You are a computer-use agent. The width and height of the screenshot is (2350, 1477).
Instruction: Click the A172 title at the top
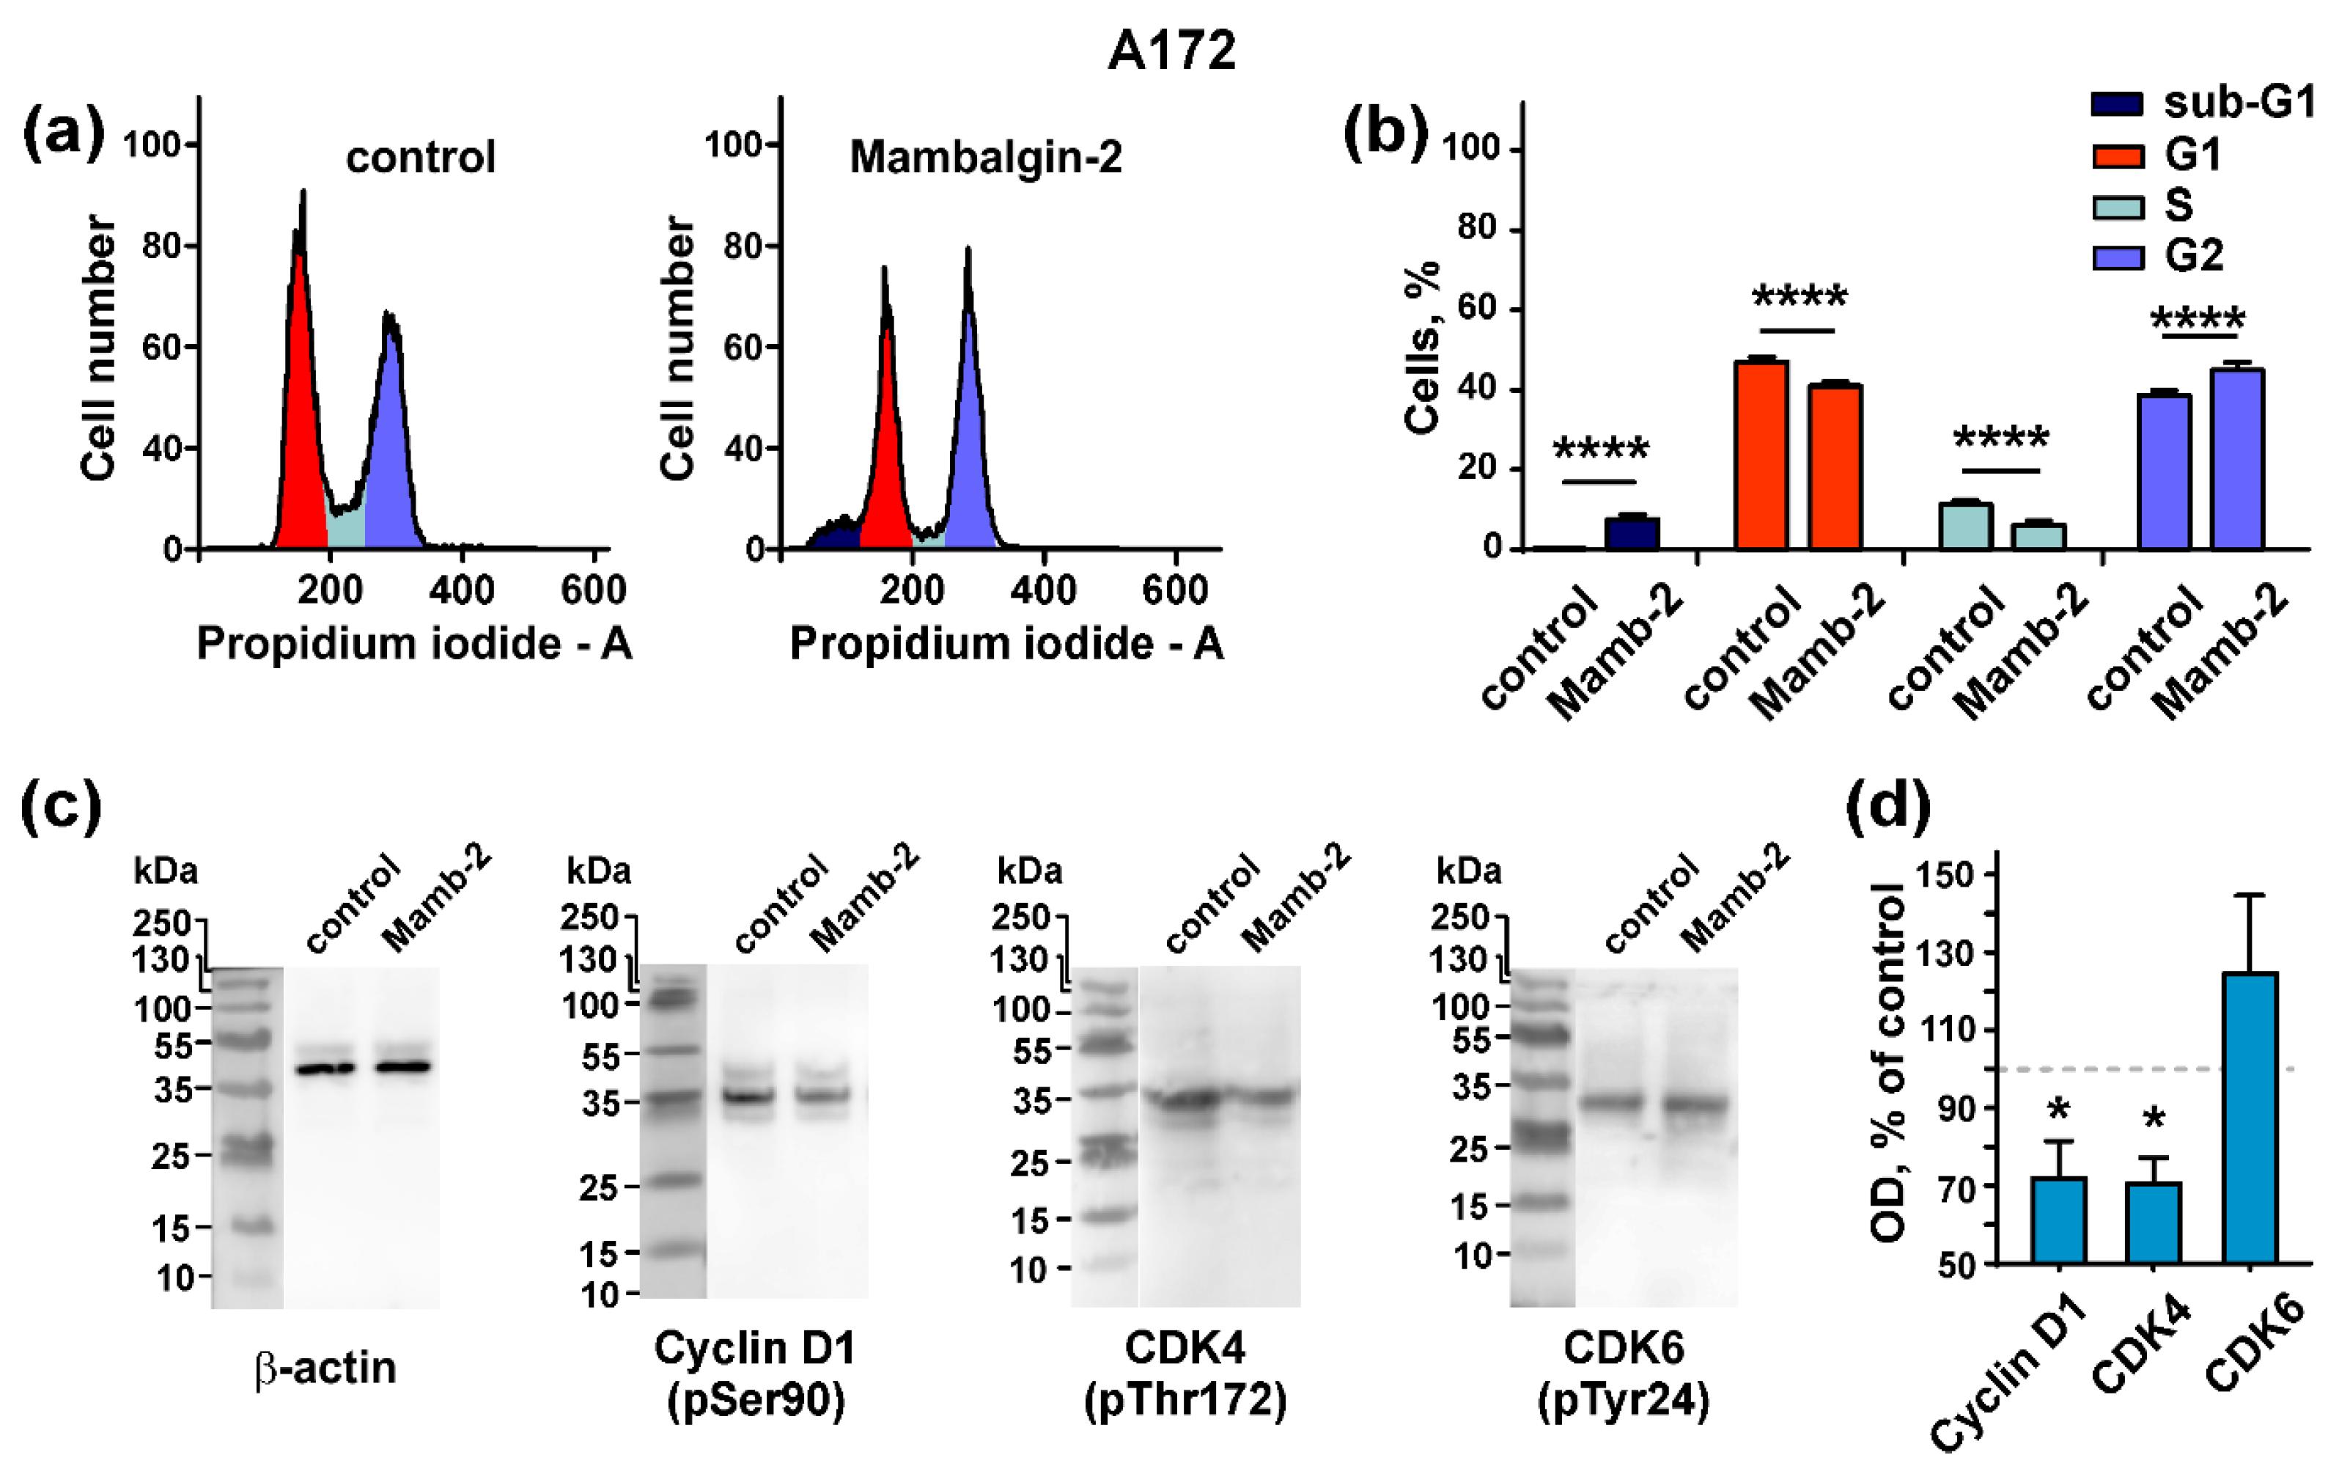tap(1171, 51)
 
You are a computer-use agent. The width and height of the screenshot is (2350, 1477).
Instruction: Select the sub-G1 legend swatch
tap(2118, 104)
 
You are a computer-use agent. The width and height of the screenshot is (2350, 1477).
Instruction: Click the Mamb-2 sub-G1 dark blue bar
tap(1632, 533)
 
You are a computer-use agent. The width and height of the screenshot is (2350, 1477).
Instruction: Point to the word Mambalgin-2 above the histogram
tap(986, 157)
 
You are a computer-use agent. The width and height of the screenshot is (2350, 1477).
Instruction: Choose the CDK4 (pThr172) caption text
tap(1185, 1374)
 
